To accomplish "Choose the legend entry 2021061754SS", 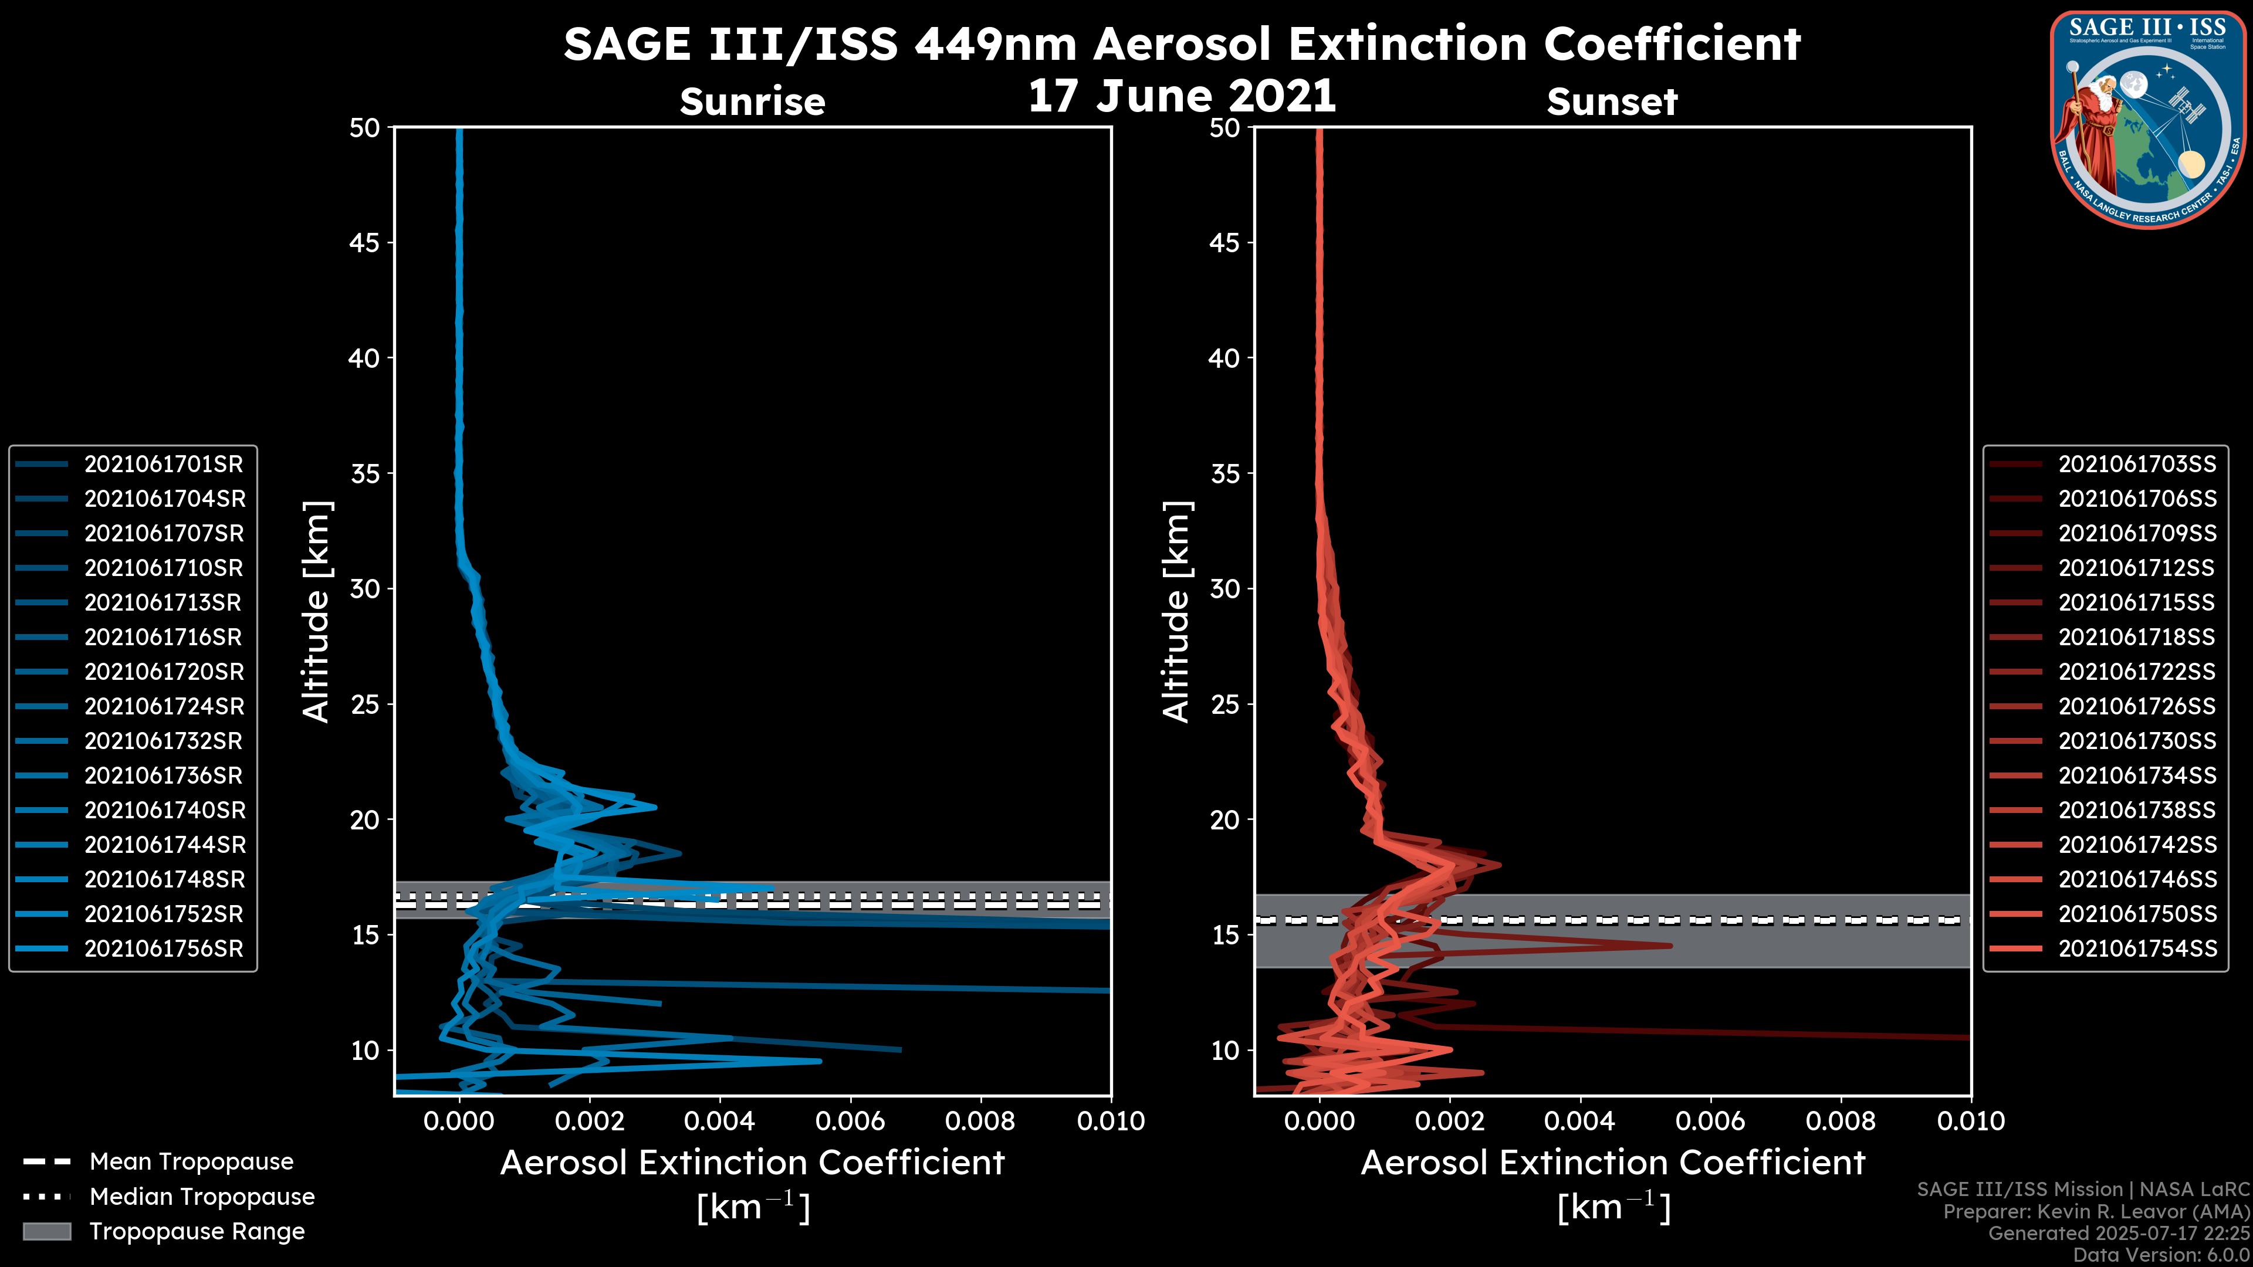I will pos(2137,948).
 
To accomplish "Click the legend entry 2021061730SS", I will pos(2137,741).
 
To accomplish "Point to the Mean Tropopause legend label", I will pos(191,1161).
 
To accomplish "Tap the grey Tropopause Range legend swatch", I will pos(46,1231).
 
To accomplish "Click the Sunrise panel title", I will pos(752,102).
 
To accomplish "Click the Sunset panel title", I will pos(1612,102).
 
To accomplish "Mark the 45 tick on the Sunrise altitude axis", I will pos(365,242).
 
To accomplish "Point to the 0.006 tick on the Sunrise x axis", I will pos(849,1121).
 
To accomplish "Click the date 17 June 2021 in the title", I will pos(1182,96).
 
